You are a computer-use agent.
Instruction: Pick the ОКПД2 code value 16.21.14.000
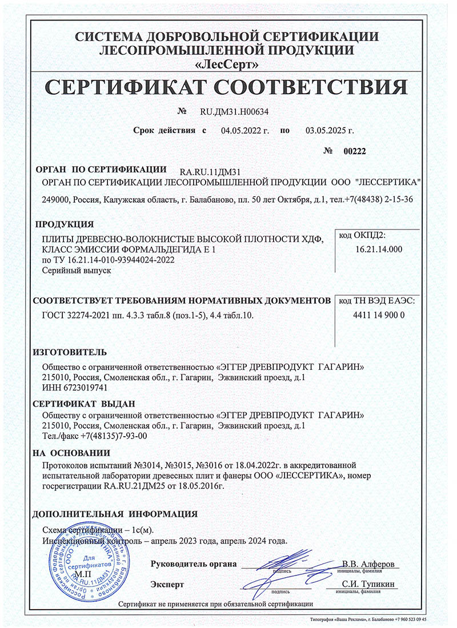pyautogui.click(x=379, y=249)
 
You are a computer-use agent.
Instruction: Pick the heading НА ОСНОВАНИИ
pyautogui.click(x=71, y=453)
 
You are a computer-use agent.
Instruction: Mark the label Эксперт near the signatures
pyautogui.click(x=167, y=585)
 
